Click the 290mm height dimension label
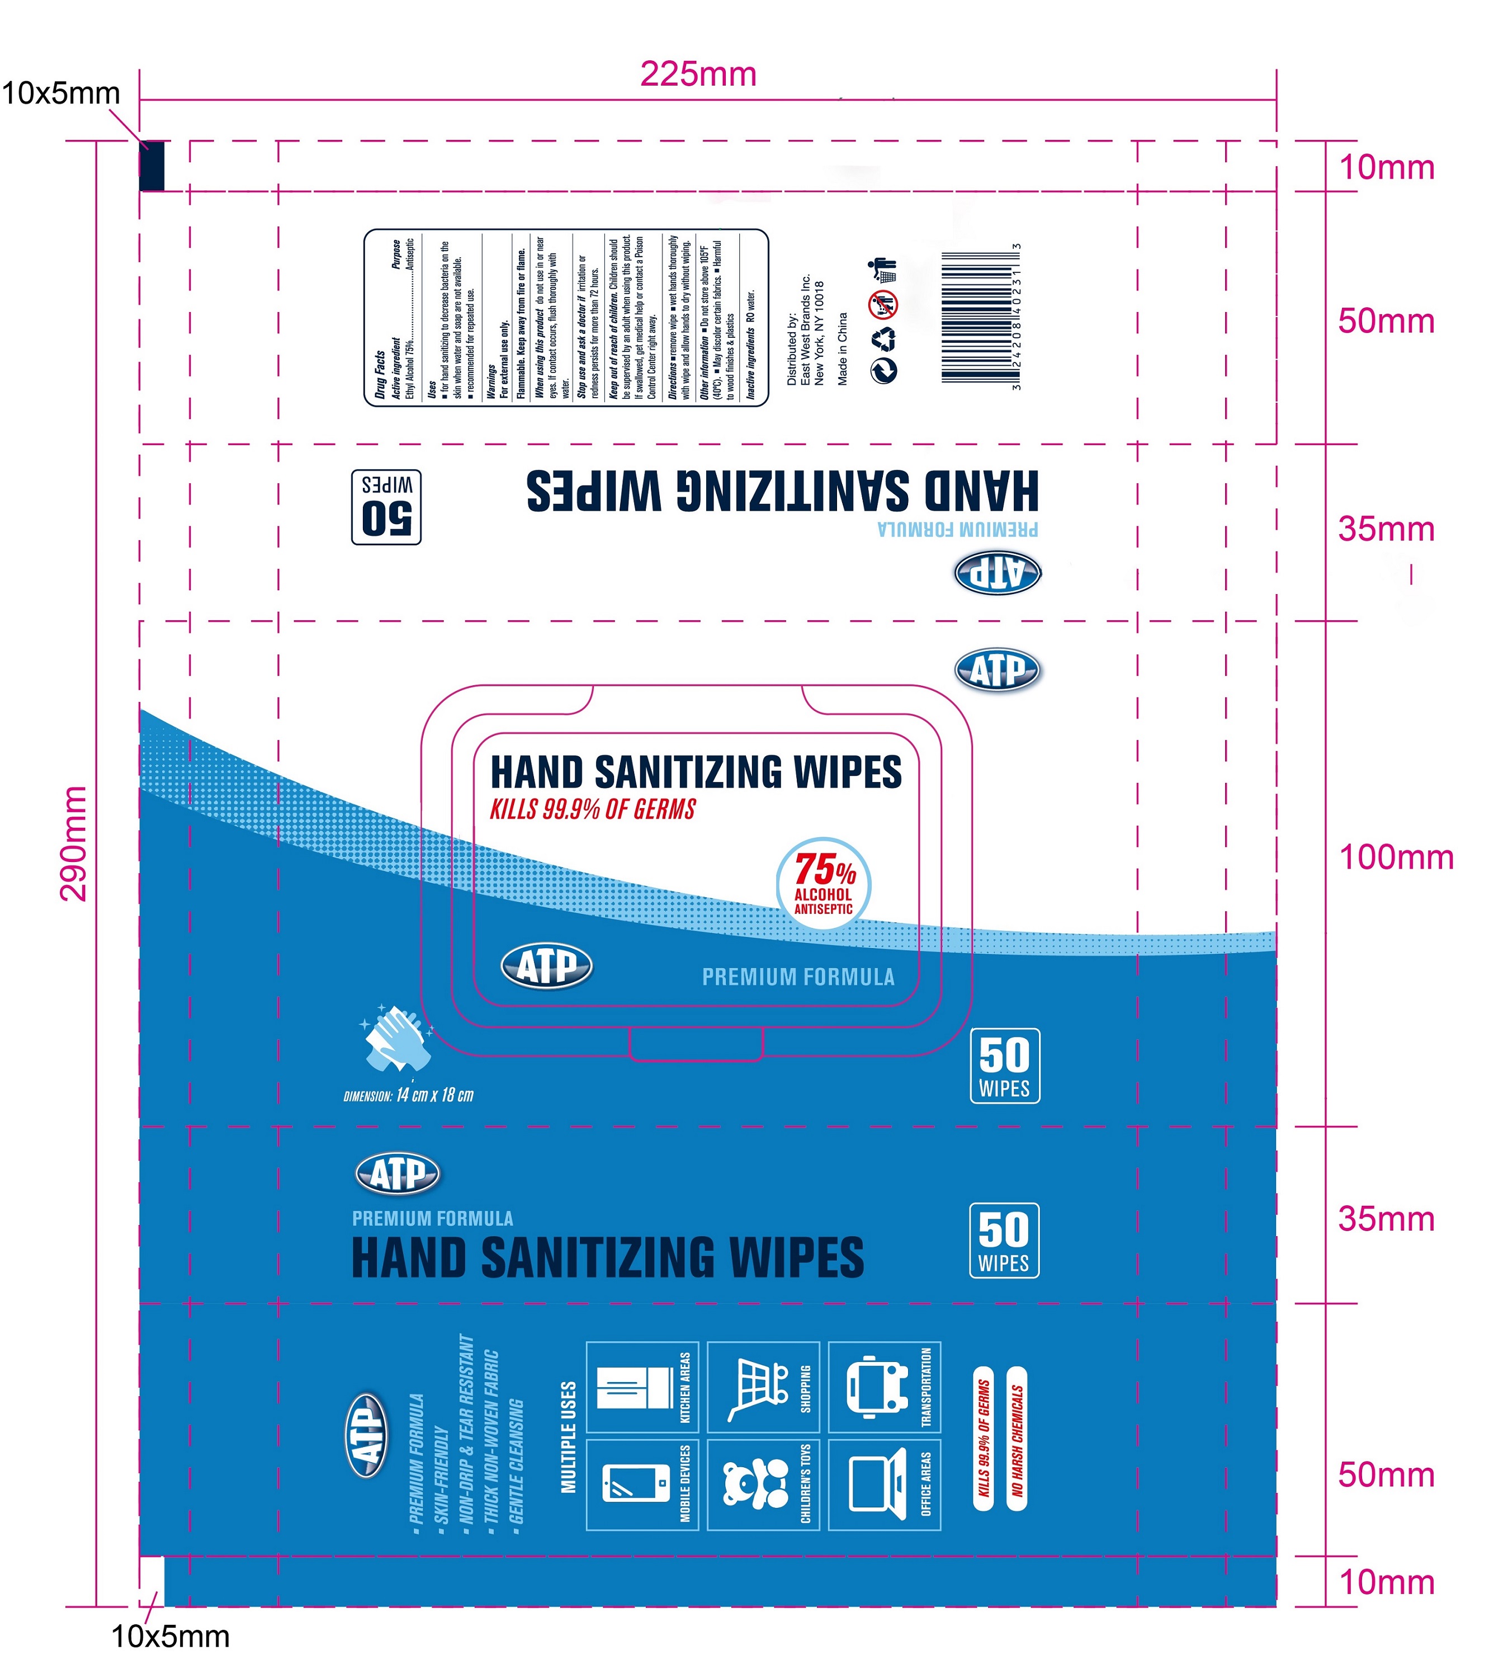point(74,843)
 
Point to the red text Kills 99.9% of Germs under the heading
point(592,810)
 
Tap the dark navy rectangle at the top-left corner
point(152,166)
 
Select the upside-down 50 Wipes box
point(386,507)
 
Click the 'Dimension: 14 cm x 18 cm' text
point(409,1095)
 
